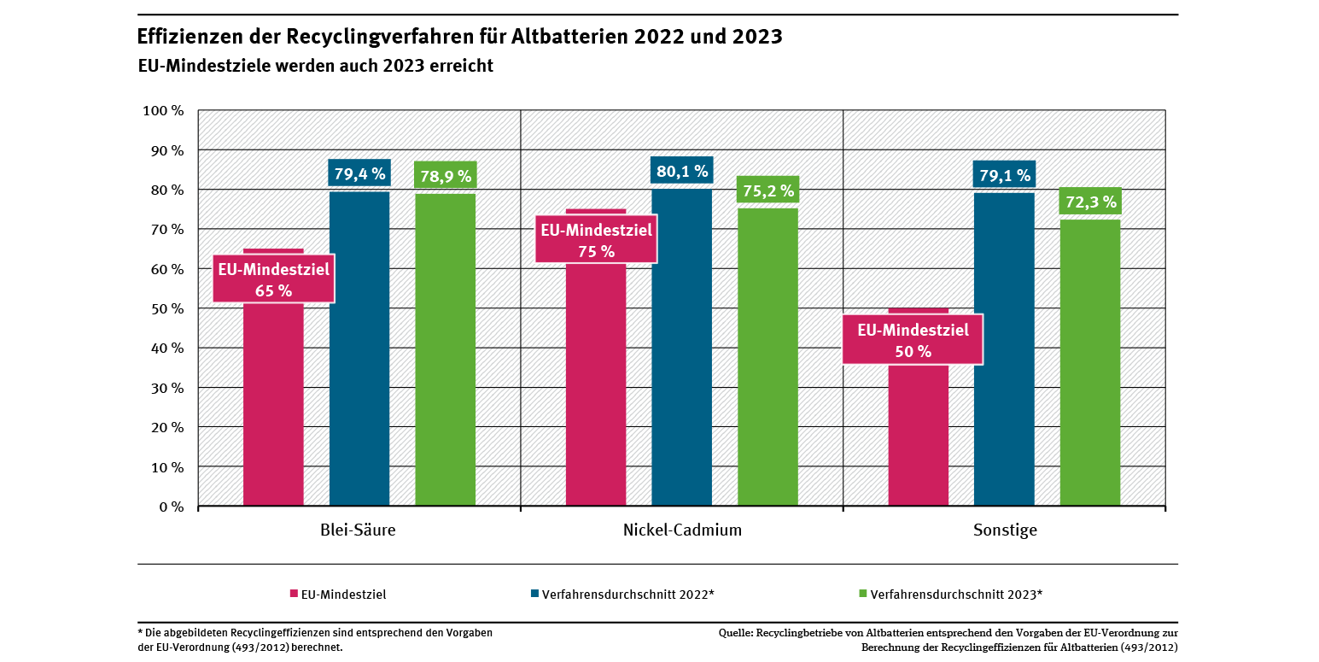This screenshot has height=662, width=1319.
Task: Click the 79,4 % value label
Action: [x=359, y=174]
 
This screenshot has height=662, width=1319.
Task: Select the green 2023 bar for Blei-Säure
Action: [x=446, y=350]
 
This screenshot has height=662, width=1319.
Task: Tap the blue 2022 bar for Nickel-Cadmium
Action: [x=681, y=350]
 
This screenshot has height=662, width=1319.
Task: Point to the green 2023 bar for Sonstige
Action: [x=1090, y=363]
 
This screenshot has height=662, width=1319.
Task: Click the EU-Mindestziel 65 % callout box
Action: [x=273, y=279]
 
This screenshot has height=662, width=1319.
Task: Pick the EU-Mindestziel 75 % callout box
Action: [x=596, y=240]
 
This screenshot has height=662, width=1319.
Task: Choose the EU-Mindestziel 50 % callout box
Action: [x=913, y=340]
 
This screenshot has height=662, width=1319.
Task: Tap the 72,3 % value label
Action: [x=1089, y=202]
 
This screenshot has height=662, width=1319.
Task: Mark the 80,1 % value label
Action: [x=681, y=172]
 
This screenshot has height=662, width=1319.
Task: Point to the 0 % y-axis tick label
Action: [x=171, y=507]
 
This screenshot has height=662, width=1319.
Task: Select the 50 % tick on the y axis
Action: [x=167, y=308]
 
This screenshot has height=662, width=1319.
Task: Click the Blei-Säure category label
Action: [x=358, y=530]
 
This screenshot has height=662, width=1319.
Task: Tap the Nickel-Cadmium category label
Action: [x=682, y=530]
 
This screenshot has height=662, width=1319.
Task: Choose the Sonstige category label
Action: [x=1005, y=530]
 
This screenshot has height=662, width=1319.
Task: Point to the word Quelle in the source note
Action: [x=735, y=634]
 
